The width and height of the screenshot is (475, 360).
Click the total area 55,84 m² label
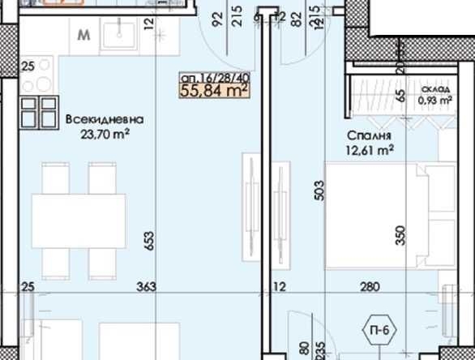(x=214, y=91)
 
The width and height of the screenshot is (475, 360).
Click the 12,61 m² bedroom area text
(x=369, y=149)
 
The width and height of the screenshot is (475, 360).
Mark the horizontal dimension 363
(x=147, y=286)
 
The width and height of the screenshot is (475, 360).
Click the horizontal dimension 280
(x=370, y=286)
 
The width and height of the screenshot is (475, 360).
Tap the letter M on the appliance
(x=84, y=36)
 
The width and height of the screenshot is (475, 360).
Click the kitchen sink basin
(x=125, y=36)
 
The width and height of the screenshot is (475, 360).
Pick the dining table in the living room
(x=79, y=219)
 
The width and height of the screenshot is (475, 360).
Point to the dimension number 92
(x=217, y=18)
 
